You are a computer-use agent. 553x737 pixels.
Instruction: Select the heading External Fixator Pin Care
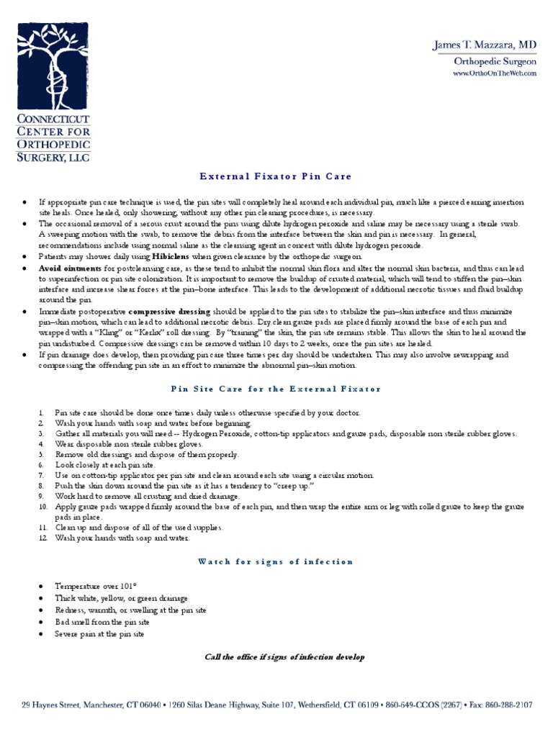[x=276, y=177]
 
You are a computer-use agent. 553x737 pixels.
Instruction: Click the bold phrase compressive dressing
[x=170, y=312]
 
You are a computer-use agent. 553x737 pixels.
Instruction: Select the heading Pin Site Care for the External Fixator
[x=276, y=389]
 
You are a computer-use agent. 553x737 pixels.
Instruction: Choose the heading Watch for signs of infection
[x=276, y=562]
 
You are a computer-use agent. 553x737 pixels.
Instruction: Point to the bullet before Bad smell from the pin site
[x=26, y=622]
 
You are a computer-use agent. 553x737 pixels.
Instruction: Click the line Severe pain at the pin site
[x=99, y=634]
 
